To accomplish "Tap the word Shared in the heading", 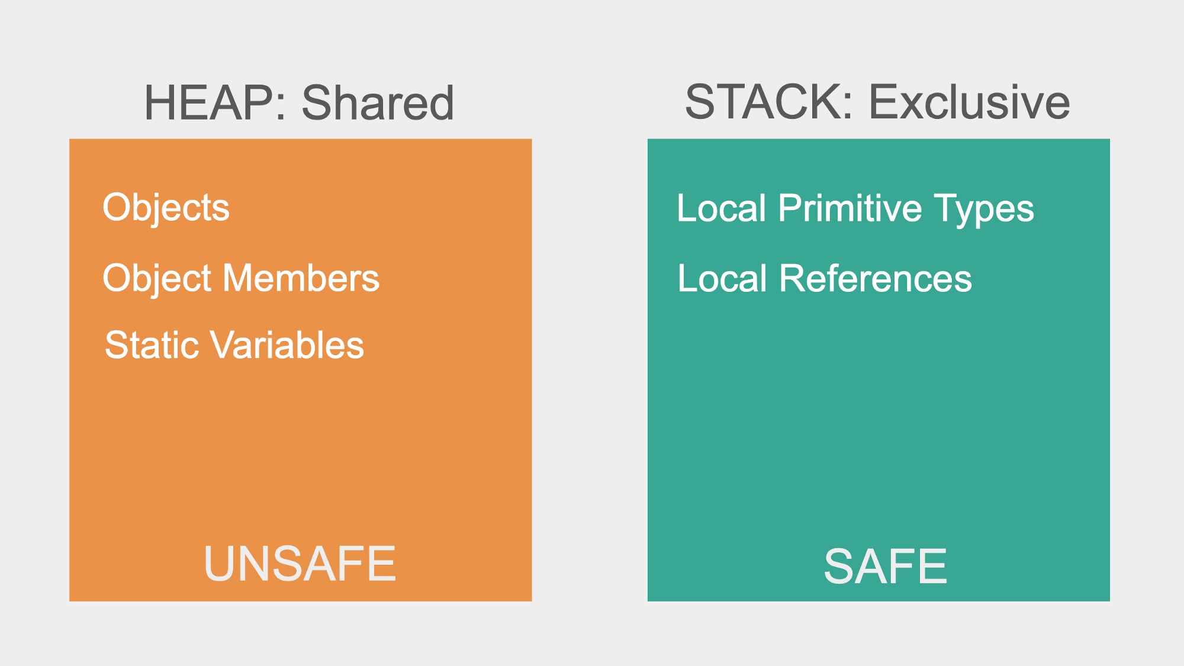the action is pyautogui.click(x=378, y=103).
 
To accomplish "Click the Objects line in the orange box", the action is pyautogui.click(x=166, y=208).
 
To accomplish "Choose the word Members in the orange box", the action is pyautogui.click(x=301, y=278).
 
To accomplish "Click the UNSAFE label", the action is pyautogui.click(x=300, y=564).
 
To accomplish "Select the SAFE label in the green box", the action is pyautogui.click(x=886, y=567).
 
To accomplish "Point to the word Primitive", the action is pyautogui.click(x=850, y=208).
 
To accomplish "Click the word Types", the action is pyautogui.click(x=984, y=210).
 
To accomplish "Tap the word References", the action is pyautogui.click(x=876, y=278).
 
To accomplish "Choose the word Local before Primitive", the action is pyautogui.click(x=722, y=208).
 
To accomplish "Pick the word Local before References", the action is pyautogui.click(x=722, y=278).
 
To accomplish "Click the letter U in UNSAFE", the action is pyautogui.click(x=220, y=564).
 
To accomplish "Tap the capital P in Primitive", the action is pyautogui.click(x=792, y=208).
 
